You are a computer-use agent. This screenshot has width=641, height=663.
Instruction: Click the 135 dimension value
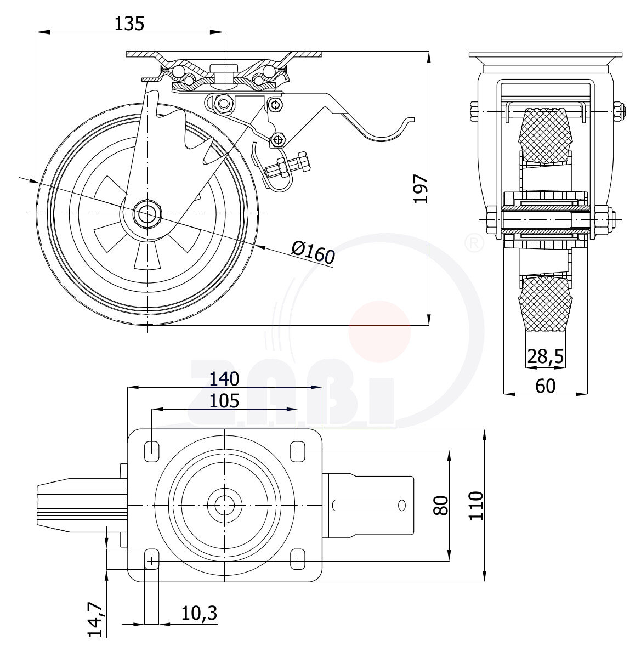129,24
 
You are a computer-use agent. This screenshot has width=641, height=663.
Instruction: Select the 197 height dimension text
421,189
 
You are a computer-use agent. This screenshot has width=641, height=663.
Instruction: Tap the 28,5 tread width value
545,356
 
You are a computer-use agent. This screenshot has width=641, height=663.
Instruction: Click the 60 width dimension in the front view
544,386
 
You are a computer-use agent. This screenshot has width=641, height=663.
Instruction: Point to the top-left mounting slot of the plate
152,451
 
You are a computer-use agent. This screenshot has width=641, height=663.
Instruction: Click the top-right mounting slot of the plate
298,451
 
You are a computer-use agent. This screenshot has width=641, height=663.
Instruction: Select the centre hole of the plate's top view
224,505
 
